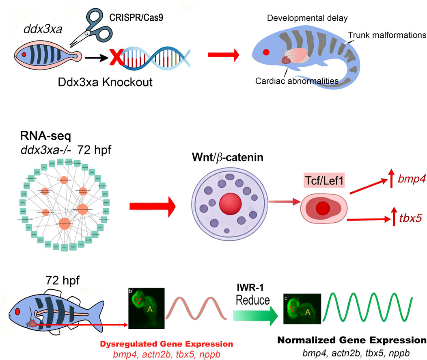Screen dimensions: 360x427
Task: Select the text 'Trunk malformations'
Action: [x=386, y=35]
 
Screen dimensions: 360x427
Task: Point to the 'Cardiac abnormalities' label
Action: [x=297, y=81]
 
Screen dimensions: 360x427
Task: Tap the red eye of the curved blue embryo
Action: [x=266, y=52]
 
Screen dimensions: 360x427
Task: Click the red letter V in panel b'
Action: [x=140, y=301]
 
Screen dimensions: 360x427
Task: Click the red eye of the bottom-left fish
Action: [x=17, y=311]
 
